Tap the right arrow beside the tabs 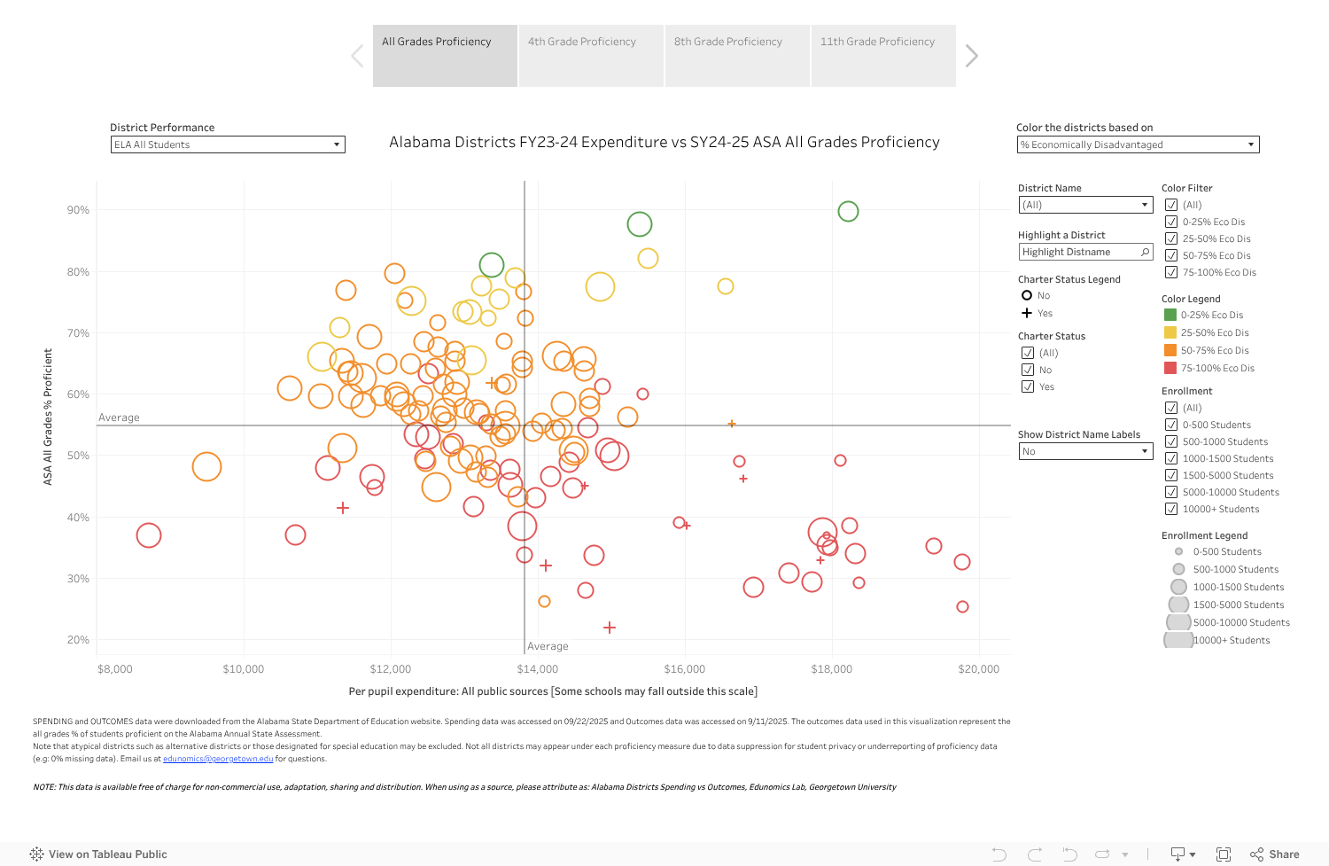pos(972,56)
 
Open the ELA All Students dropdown pos(228,144)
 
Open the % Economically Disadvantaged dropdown pos(1138,144)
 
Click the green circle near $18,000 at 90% pos(848,211)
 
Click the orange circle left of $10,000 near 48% pos(206,466)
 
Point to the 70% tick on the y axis pos(78,333)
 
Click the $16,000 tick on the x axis pos(684,669)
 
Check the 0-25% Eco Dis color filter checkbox pos(1171,222)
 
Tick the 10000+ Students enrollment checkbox pos(1171,509)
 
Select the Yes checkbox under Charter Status pos(1028,386)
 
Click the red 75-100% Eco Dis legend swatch pos(1170,368)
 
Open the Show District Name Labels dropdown pos(1085,451)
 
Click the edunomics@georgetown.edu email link pos(218,759)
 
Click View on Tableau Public pos(98,854)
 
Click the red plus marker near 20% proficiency pos(610,628)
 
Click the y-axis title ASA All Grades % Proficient pos(48,417)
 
